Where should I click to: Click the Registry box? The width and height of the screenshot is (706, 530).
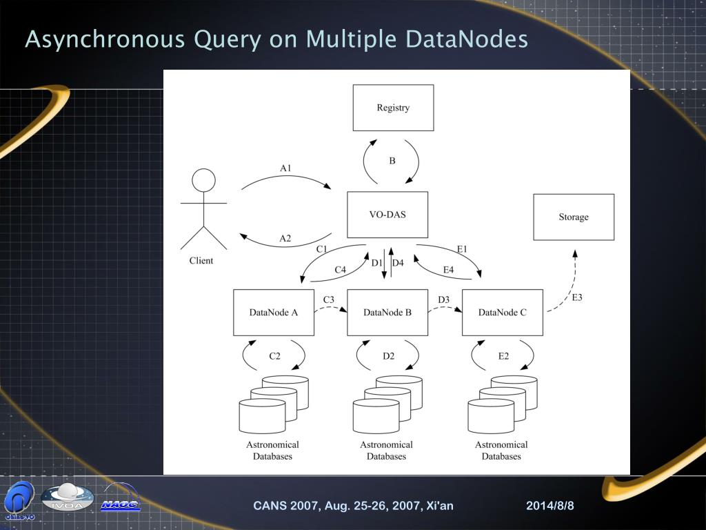point(393,108)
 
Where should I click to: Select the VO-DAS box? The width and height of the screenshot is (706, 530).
point(387,215)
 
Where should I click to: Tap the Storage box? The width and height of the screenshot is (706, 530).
point(574,217)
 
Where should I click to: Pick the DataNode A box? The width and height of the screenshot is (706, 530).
point(274,313)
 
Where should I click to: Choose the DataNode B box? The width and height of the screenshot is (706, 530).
point(387,313)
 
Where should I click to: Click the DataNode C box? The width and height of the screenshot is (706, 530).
point(503,313)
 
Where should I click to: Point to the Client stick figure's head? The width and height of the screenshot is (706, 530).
point(203,181)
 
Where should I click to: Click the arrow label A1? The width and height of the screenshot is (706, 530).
point(286,168)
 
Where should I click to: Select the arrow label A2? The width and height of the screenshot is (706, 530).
point(285,239)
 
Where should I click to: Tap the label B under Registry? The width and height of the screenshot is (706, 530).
point(392,161)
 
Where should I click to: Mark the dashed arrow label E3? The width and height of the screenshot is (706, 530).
point(577,297)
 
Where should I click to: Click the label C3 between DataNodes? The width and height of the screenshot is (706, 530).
point(329,299)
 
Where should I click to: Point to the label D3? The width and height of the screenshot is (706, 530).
point(443,299)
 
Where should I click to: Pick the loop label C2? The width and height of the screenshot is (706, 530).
point(274,356)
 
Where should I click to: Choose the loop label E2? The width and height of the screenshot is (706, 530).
point(503,356)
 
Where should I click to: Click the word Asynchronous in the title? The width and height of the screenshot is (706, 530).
point(105,40)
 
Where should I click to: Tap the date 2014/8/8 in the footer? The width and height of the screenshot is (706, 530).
point(550,506)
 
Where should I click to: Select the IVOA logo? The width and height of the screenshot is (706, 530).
point(67,498)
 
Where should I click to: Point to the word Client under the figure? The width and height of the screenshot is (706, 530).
point(201,261)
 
